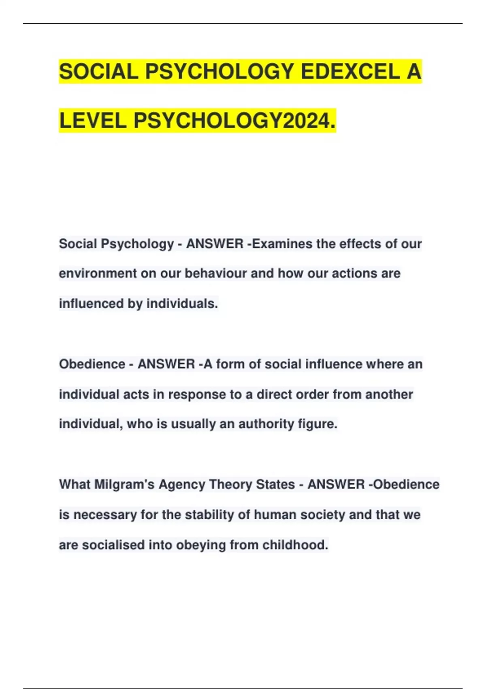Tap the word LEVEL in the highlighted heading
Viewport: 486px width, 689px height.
click(x=93, y=121)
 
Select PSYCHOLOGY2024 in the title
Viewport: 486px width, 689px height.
click(x=233, y=121)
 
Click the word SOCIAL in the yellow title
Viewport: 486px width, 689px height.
click(x=98, y=72)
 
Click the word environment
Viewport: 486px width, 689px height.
click(x=98, y=274)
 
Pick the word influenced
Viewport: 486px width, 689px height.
click(x=92, y=304)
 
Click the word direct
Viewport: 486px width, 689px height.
click(x=273, y=394)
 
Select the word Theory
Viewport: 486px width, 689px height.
click(x=230, y=484)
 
